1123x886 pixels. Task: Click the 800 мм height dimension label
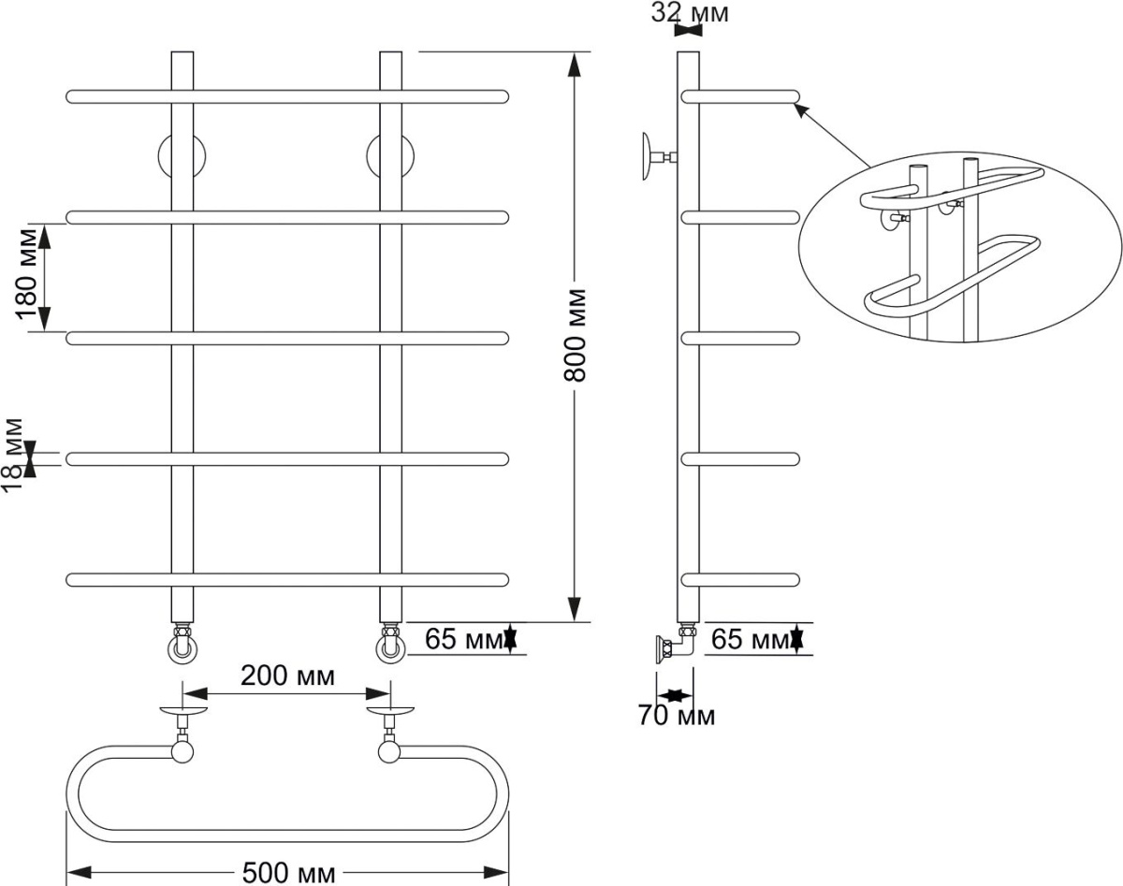pos(575,334)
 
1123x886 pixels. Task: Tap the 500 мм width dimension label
pos(288,872)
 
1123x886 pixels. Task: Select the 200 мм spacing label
pos(287,675)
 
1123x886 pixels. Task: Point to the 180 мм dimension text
pos(26,274)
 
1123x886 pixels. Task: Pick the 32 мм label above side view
pos(690,13)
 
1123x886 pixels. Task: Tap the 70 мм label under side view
pos(677,716)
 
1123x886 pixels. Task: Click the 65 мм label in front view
pos(463,639)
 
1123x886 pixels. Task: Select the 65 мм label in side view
pos(750,639)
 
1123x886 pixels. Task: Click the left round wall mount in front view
pos(182,156)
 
